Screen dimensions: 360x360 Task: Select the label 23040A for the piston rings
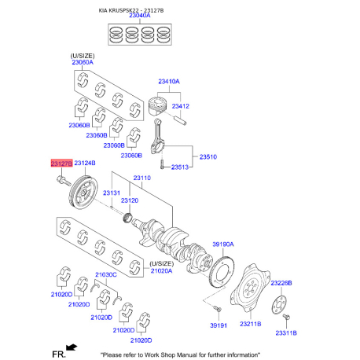pos(138,16)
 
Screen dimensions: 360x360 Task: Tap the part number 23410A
pos(168,81)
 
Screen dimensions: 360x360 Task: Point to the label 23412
pos(181,105)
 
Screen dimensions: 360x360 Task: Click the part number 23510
pos(208,156)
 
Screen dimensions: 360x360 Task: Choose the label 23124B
pos(85,163)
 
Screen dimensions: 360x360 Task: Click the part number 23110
pos(141,178)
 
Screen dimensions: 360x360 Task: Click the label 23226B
pos(281,282)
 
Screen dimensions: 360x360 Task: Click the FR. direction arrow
pos(72,346)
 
